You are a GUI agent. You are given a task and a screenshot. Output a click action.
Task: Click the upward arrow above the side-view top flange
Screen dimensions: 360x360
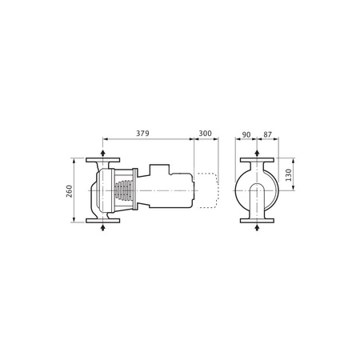tap(104, 152)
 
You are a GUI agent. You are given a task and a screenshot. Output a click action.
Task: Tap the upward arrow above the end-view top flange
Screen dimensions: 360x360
tap(255, 152)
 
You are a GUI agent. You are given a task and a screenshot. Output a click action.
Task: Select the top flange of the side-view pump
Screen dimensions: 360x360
tap(104, 160)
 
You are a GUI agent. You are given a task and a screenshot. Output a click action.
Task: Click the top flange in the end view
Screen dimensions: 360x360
tap(255, 160)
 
